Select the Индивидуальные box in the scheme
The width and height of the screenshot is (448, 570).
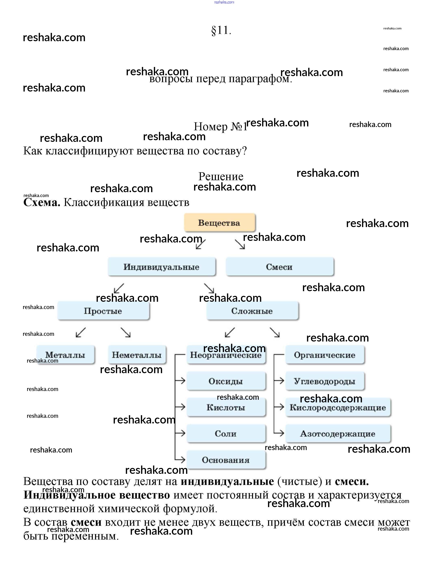pyautogui.click(x=162, y=267)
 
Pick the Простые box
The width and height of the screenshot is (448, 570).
pyautogui.click(x=103, y=311)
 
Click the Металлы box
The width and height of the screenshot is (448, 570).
pyautogui.click(x=65, y=355)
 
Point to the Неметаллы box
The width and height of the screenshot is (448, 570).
pyautogui.click(x=137, y=355)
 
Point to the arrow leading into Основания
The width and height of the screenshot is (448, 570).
pyautogui.click(x=181, y=459)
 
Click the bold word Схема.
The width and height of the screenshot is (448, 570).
pyautogui.click(x=42, y=203)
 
